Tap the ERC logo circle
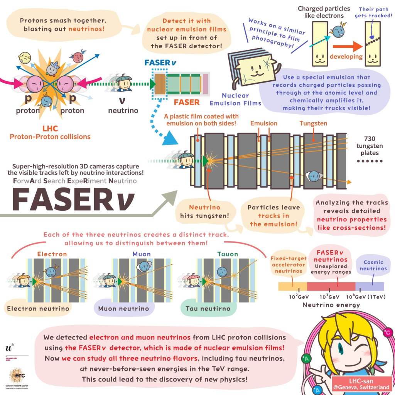[17, 376]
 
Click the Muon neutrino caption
[123, 309]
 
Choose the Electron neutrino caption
[38, 308]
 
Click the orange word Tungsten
[313, 123]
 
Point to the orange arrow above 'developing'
[346, 46]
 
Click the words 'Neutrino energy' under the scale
[331, 305]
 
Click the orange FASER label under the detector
[186, 102]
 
